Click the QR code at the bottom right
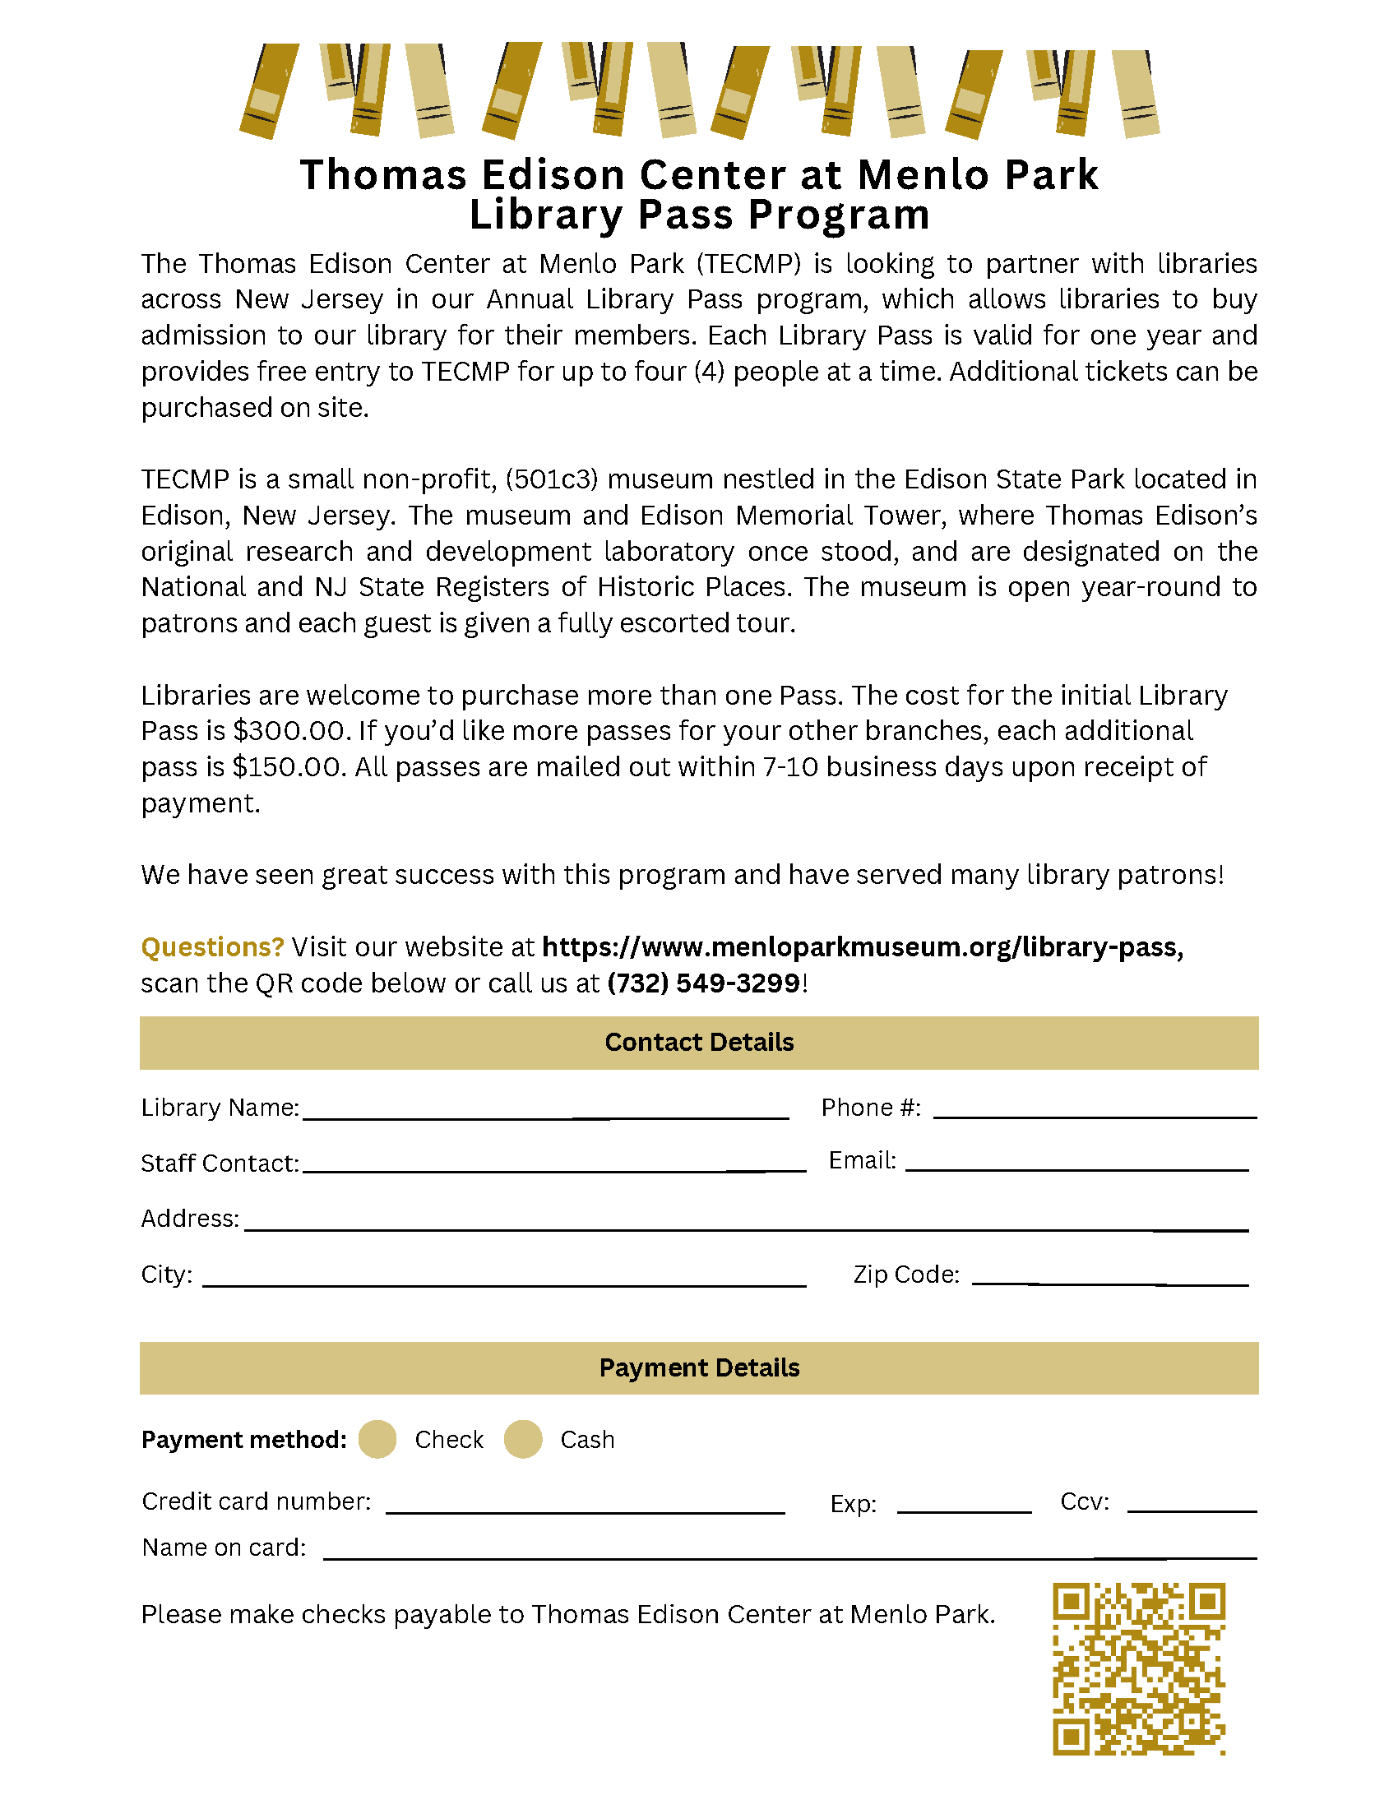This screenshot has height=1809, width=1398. [1139, 1668]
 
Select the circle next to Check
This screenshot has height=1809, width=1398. [377, 1439]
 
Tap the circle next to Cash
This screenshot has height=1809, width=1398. [522, 1439]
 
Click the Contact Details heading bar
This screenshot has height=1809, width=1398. [699, 1042]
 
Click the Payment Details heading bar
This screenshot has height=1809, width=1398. [699, 1367]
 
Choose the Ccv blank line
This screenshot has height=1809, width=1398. [1192, 1506]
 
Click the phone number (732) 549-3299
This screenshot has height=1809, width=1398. [703, 983]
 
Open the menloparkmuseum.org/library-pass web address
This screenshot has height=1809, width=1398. [862, 946]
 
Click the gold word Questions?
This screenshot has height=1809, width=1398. [212, 946]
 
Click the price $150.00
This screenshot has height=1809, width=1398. [287, 767]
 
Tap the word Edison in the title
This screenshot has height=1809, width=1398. [553, 176]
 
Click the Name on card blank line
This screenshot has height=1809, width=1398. [789, 1552]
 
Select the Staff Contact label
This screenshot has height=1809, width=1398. [220, 1164]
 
